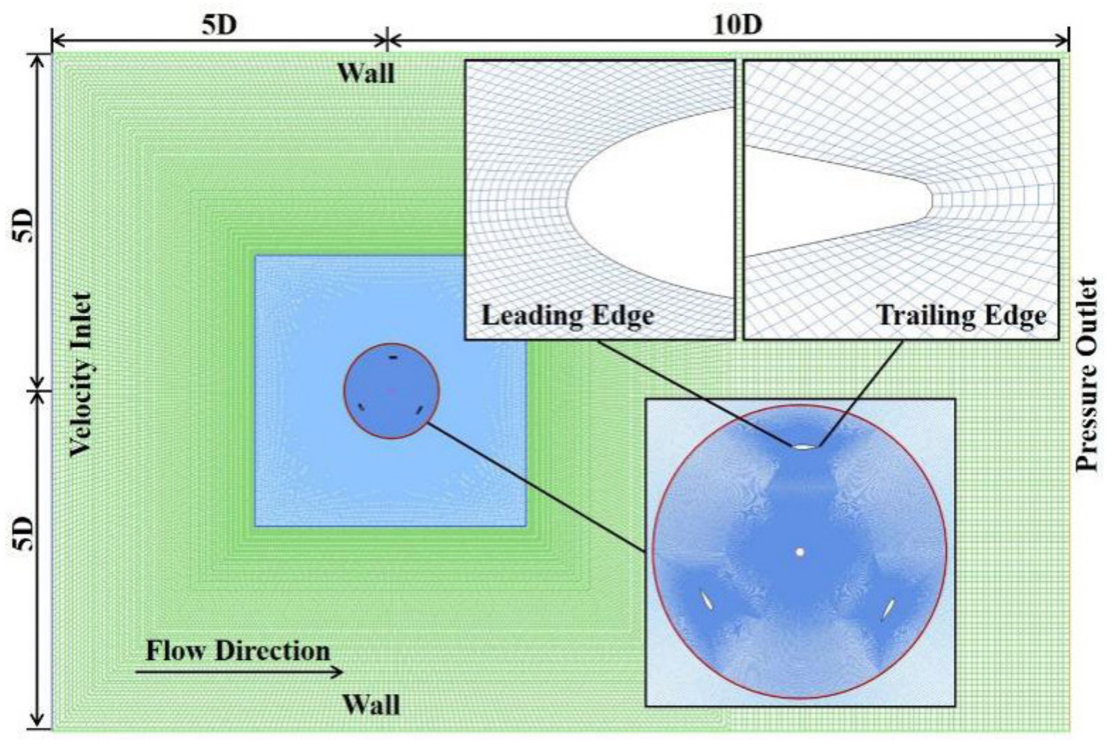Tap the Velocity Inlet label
79,375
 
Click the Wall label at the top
366,74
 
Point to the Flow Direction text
238,651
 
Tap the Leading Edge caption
567,315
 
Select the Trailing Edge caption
962,315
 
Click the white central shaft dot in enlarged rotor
800,552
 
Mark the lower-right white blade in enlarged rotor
888,608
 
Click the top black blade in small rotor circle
393,357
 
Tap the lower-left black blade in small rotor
362,407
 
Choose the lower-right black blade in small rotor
420,410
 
